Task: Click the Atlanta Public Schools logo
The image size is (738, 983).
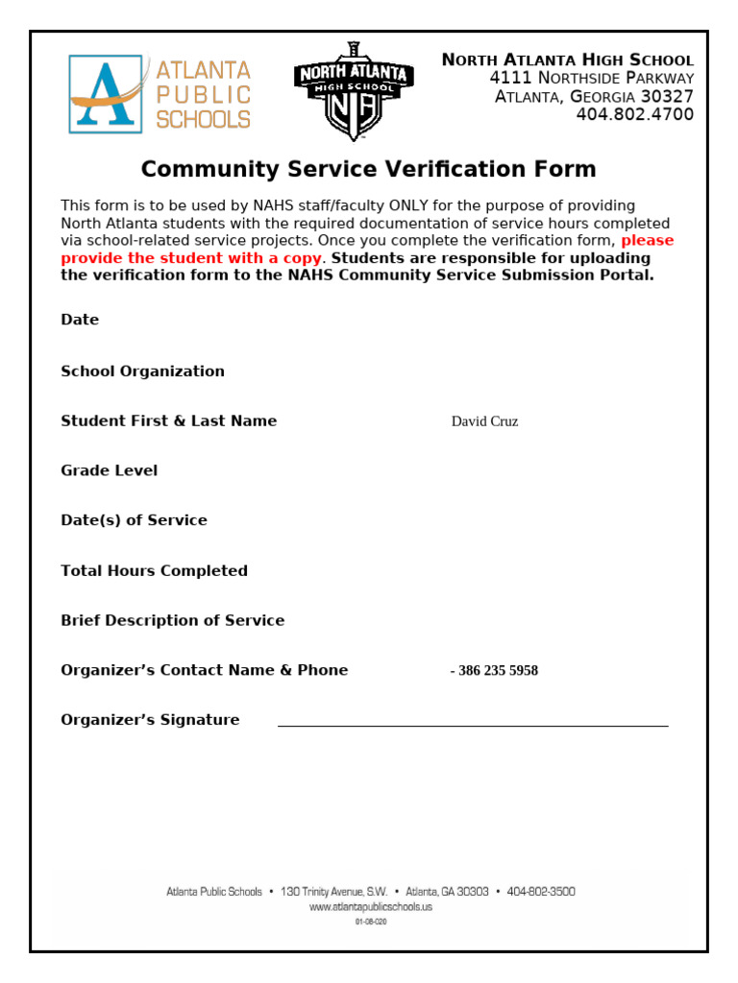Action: coord(160,94)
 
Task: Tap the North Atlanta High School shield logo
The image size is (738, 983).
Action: coord(353,92)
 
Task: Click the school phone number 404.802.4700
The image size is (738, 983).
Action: coord(634,115)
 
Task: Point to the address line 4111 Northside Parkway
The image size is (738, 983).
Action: coord(591,78)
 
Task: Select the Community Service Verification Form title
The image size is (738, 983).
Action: coord(368,170)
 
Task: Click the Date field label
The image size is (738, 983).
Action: coord(80,320)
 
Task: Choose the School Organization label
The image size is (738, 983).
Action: coord(142,372)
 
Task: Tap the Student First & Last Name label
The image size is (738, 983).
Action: coord(168,421)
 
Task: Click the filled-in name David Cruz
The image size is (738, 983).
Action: coord(484,421)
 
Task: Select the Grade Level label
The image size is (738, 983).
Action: coord(109,471)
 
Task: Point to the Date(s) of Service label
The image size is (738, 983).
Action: coord(134,520)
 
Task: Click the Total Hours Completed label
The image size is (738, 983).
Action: coord(154,571)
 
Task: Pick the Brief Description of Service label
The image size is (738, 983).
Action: coord(172,621)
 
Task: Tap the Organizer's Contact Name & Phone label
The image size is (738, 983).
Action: coord(204,671)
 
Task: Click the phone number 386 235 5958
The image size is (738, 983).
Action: coord(496,671)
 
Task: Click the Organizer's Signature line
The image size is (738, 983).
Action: coord(473,726)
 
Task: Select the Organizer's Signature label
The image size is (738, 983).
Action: coord(150,721)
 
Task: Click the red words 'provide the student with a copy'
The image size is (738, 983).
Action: coord(192,258)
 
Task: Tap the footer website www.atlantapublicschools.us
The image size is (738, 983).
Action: coord(370,907)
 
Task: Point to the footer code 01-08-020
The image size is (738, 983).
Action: coord(370,922)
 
